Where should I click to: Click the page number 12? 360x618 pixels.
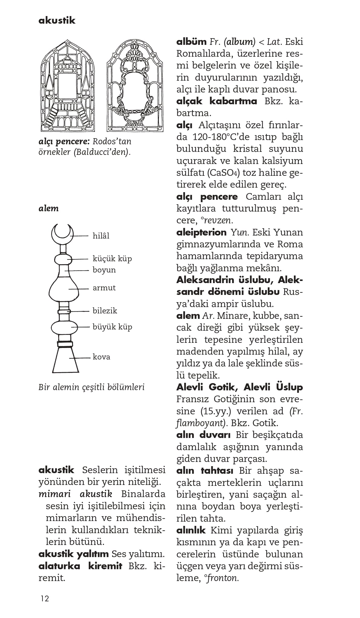pos(45,599)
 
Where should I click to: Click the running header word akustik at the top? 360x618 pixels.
pos(57,21)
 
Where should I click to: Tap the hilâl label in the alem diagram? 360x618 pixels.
pos(101,236)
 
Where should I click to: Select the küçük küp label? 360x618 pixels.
pos(112,259)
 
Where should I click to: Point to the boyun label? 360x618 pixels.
pos(104,270)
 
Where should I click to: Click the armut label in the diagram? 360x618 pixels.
pos(104,288)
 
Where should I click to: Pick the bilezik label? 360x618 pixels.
pos(105,311)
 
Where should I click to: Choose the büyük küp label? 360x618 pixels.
pos(112,327)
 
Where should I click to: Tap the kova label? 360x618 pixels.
pos(101,357)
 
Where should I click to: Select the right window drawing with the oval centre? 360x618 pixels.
pos(135,86)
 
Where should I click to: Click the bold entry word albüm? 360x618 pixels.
pos(191,42)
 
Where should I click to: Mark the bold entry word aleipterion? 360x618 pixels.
pos(201,232)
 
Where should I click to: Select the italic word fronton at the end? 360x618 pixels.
pos(223,578)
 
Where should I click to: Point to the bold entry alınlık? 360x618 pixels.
pos(191,530)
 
